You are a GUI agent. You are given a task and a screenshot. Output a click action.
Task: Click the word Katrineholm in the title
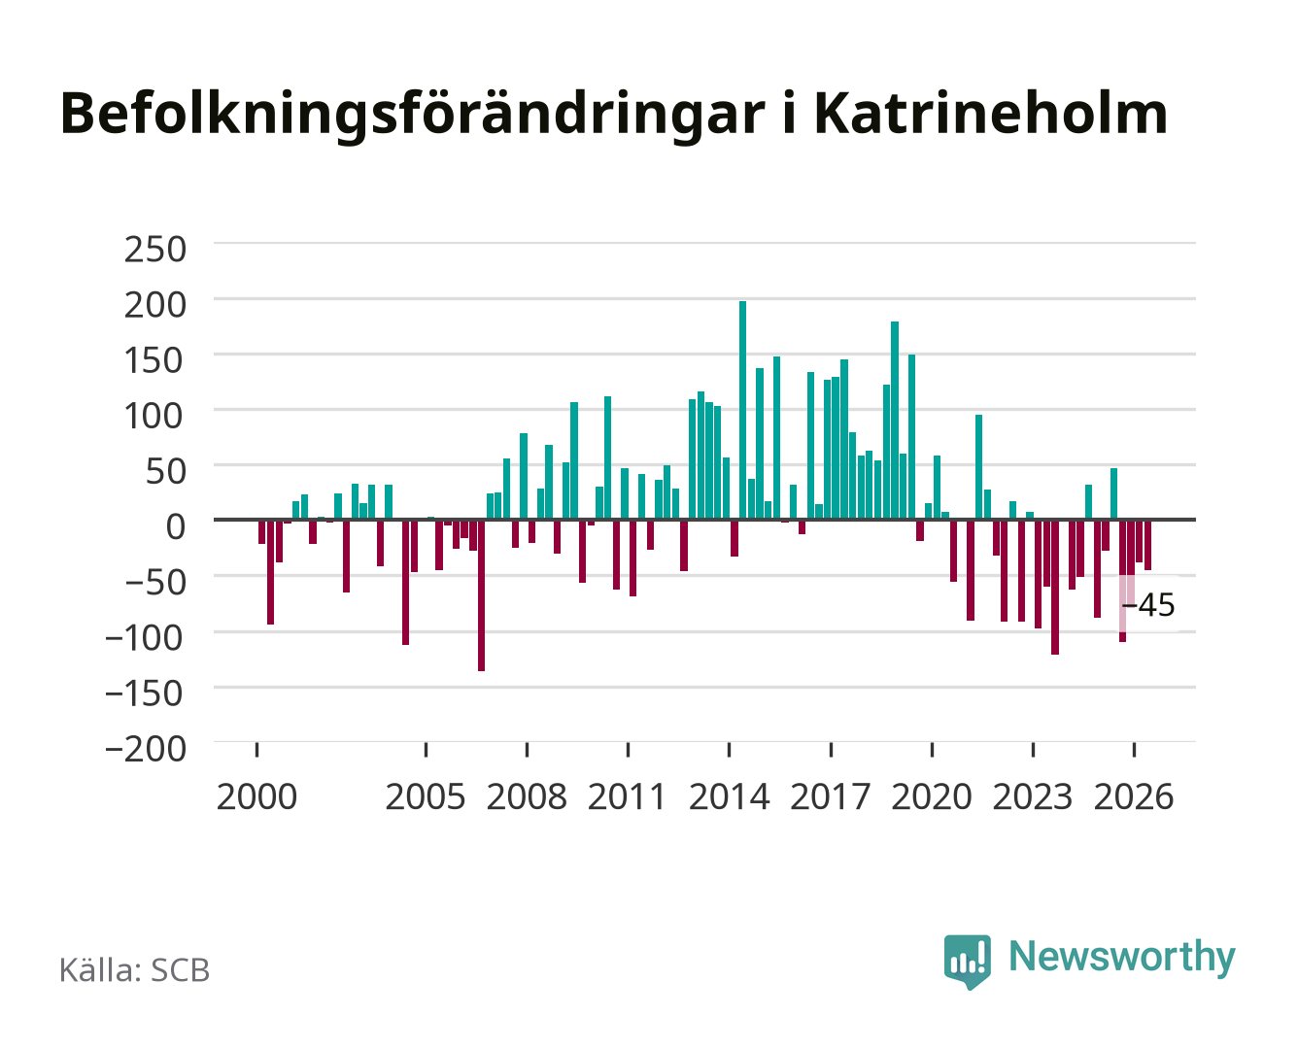(x=990, y=114)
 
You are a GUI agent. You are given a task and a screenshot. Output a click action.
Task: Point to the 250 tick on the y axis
(x=154, y=250)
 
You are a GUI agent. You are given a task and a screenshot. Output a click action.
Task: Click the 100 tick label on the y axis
(x=154, y=417)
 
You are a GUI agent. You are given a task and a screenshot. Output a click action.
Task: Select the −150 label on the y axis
(x=145, y=694)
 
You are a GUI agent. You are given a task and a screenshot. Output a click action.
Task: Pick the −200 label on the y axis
(x=146, y=749)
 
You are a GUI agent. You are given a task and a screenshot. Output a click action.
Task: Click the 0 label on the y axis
(x=176, y=527)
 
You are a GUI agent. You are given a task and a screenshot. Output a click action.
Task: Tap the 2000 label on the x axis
(x=256, y=796)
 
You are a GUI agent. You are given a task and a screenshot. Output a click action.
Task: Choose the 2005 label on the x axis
(x=426, y=796)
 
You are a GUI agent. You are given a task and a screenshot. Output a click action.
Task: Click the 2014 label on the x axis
(x=729, y=796)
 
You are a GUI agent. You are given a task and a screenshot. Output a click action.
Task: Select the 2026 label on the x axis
(x=1134, y=796)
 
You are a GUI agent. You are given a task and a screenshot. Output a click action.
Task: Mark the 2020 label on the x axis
(x=931, y=796)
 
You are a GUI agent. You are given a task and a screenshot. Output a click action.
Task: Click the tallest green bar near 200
(x=742, y=410)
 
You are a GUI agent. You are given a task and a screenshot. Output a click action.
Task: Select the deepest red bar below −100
(x=482, y=595)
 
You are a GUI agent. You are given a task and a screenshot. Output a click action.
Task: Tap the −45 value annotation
(x=1147, y=605)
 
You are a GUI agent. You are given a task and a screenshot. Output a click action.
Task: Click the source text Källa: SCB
(x=134, y=969)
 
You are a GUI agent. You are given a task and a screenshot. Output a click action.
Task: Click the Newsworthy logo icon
(x=967, y=962)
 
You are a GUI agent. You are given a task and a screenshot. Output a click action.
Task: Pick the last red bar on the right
(x=1147, y=545)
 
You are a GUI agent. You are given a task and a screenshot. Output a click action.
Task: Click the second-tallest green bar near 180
(x=895, y=421)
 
